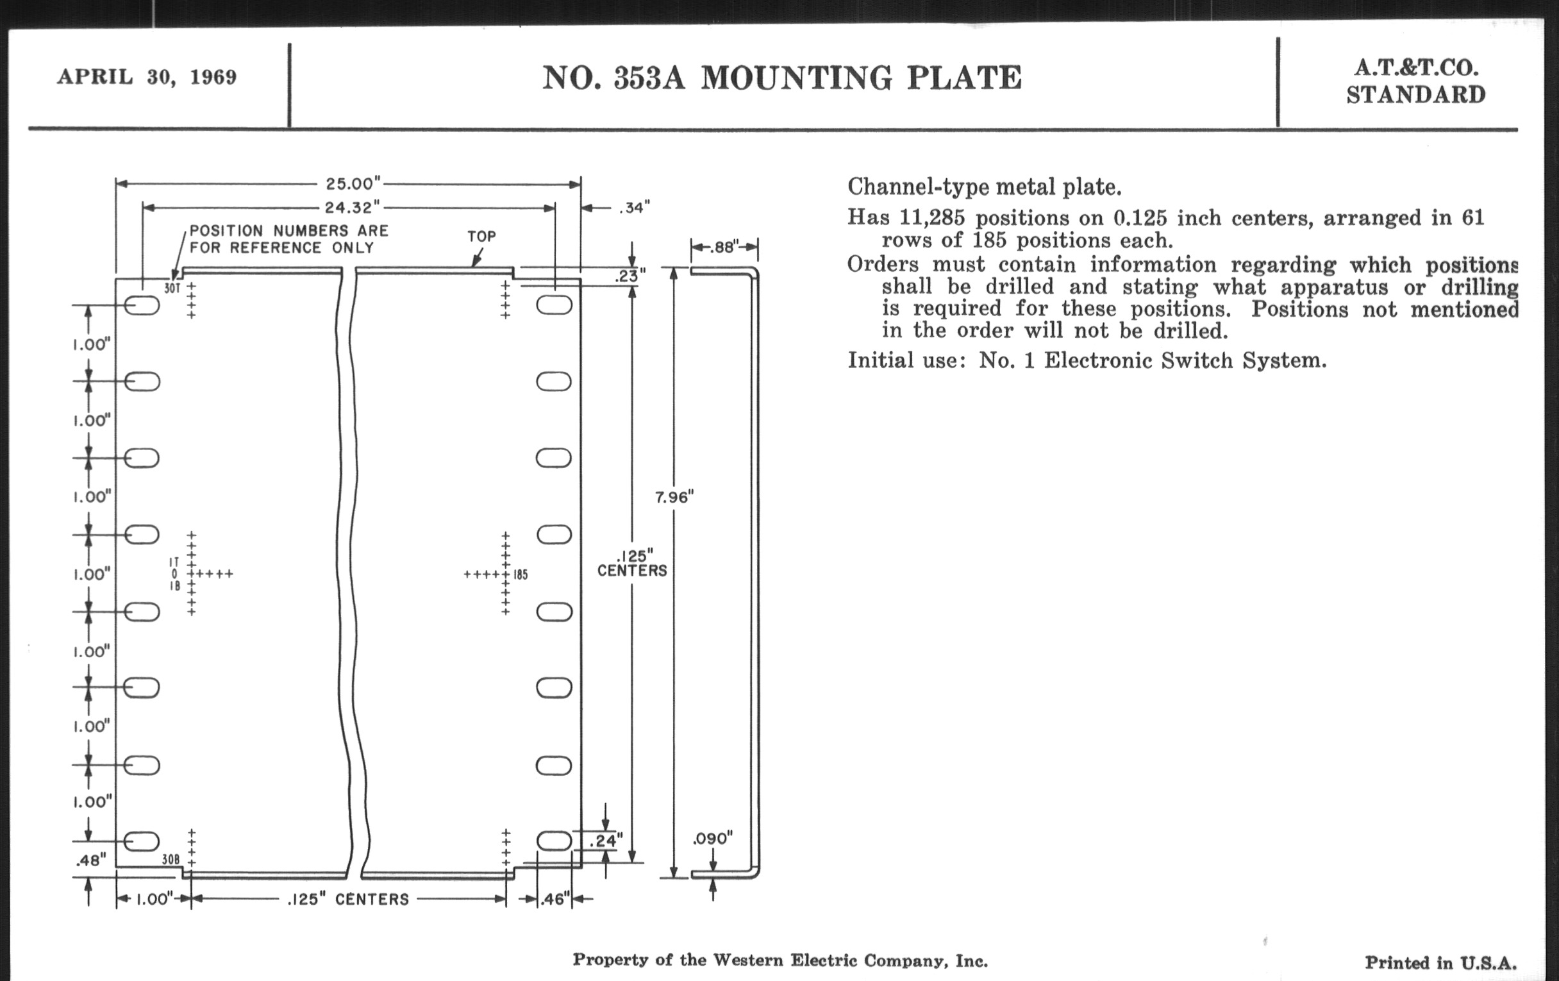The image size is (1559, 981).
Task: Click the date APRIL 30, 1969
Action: tap(147, 77)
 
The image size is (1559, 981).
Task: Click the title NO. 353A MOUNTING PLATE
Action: tap(781, 78)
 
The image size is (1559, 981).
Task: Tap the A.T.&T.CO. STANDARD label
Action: tap(1416, 81)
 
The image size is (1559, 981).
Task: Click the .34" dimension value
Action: tap(634, 208)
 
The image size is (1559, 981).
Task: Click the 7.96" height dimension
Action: tap(674, 498)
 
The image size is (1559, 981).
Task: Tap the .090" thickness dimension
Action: tap(712, 839)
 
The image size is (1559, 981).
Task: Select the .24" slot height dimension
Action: tap(606, 841)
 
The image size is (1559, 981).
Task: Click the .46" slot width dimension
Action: tap(555, 899)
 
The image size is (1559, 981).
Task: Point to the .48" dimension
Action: tap(90, 860)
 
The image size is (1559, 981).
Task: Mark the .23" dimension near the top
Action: tap(630, 276)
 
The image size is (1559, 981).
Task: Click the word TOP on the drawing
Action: tap(481, 237)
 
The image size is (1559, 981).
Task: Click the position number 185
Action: tap(521, 574)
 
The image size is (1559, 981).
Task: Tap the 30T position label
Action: tap(172, 288)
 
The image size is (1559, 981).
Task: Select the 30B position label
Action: tap(171, 859)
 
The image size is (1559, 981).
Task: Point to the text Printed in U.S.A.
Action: tap(1440, 963)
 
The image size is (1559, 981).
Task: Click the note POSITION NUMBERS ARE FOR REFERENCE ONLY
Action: tap(288, 239)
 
